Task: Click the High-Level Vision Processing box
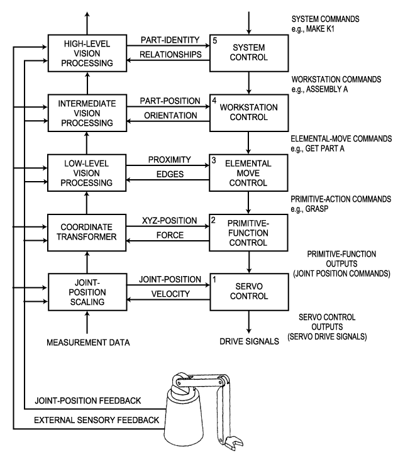pos(88,52)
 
